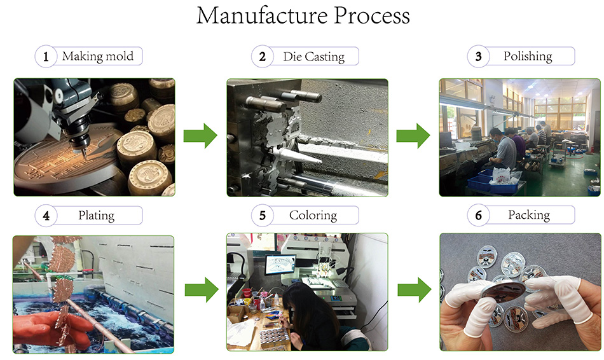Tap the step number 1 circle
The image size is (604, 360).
[46, 57]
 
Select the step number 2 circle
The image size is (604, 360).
[262, 57]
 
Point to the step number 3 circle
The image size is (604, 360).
[478, 57]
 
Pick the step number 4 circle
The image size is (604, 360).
[46, 216]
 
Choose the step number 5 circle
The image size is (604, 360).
[262, 216]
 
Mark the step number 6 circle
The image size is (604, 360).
[478, 216]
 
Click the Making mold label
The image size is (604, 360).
[98, 56]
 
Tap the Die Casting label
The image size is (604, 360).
[313, 57]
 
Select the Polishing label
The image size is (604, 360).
[528, 56]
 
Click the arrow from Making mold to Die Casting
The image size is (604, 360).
[200, 136]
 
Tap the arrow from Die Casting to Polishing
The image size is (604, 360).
[414, 136]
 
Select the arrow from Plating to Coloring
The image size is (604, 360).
[201, 290]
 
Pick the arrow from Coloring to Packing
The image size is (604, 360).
[414, 290]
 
